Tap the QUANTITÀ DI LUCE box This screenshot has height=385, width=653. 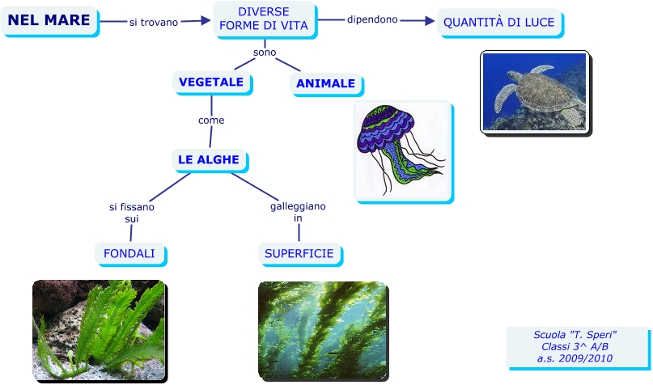pos(499,22)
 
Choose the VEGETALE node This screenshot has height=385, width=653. pos(211,82)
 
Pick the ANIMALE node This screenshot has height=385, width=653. pos(325,83)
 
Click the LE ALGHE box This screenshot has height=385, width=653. pos(209,159)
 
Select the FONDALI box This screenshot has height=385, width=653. pos(129,253)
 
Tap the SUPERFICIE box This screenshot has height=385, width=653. pos(299,253)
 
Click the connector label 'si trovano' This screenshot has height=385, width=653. pos(154,22)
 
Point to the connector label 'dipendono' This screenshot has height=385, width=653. pos(372,19)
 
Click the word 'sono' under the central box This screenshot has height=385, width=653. pos(265,53)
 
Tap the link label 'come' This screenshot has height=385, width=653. pos(211,121)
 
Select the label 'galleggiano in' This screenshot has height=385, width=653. pos(298,212)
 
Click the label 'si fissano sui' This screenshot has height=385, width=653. pos(132,213)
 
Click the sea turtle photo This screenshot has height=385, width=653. pos(533,91)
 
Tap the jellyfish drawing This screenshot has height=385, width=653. pos(402,151)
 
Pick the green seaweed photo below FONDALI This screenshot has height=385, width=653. pos(98,330)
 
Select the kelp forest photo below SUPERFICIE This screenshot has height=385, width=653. pos(321,330)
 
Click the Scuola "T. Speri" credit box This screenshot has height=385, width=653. pos(575,346)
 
